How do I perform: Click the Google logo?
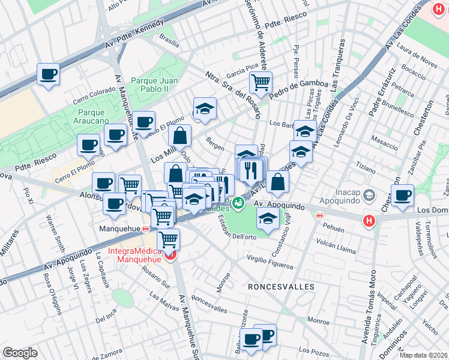pyautogui.click(x=20, y=353)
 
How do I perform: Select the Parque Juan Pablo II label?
pyautogui.click(x=154, y=85)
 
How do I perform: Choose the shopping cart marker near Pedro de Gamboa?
pyautogui.click(x=261, y=82)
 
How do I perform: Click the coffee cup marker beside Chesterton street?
pyautogui.click(x=402, y=194)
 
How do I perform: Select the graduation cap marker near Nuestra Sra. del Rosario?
pyautogui.click(x=205, y=108)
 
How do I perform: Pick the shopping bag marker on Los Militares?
pyautogui.click(x=179, y=136)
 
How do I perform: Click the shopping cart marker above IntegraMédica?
pyautogui.click(x=168, y=239)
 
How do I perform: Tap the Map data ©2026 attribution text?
pyautogui.click(x=424, y=355)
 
